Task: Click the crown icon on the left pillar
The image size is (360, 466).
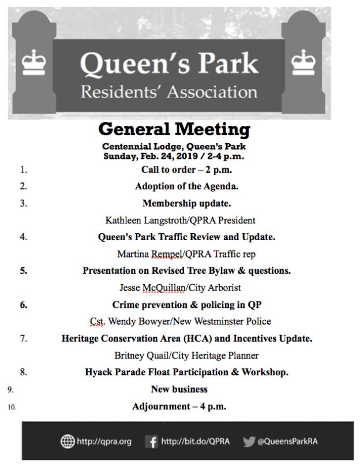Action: pos(33,62)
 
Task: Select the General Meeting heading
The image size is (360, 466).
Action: pos(174,128)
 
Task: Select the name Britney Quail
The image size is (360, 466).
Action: pos(140,355)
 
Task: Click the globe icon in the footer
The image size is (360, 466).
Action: pos(67,441)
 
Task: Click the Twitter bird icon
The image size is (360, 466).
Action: pos(249,441)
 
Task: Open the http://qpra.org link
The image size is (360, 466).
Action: pos(104,441)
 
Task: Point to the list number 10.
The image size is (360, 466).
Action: pos(12,407)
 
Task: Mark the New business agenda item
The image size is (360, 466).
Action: pos(179,389)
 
